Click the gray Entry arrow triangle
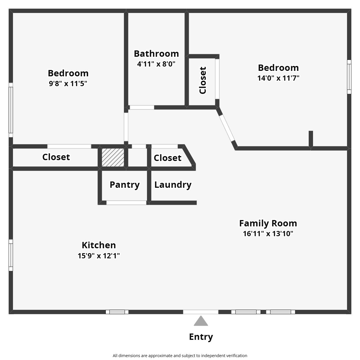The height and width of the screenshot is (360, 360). click(x=201, y=322)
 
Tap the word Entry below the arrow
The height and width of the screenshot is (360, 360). click(x=201, y=337)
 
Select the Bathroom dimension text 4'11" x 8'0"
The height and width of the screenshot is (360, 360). click(x=156, y=64)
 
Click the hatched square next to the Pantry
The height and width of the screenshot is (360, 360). click(x=113, y=157)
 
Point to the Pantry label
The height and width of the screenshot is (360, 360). click(x=125, y=185)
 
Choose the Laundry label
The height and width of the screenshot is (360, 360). click(x=173, y=185)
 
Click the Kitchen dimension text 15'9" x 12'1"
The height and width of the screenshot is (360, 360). click(x=99, y=256)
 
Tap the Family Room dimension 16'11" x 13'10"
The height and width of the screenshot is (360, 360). click(x=268, y=234)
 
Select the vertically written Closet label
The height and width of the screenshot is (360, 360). click(x=203, y=80)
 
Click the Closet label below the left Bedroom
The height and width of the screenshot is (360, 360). click(x=56, y=157)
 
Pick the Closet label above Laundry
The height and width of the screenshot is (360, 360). click(x=167, y=158)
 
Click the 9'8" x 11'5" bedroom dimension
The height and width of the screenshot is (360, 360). click(x=68, y=84)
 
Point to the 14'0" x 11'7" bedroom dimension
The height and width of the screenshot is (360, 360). click(x=278, y=78)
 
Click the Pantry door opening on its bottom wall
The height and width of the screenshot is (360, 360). click(x=126, y=203)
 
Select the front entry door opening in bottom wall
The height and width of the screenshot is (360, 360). click(x=201, y=312)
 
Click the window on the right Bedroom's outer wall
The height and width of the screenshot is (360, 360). click(x=349, y=77)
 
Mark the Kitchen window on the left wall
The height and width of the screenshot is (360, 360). click(x=11, y=255)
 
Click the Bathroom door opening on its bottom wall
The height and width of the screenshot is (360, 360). click(x=142, y=107)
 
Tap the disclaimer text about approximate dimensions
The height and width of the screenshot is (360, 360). click(x=180, y=356)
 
